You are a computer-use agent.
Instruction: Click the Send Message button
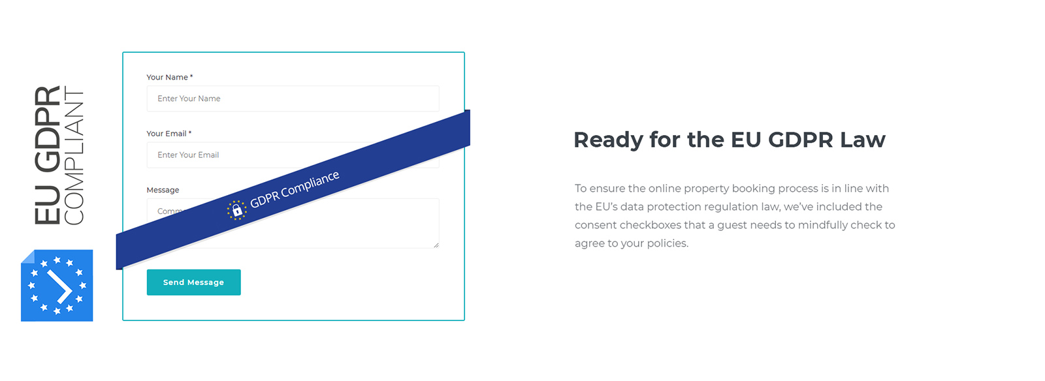coord(193,282)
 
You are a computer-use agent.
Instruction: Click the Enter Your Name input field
coord(293,99)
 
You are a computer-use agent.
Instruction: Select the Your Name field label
coord(169,78)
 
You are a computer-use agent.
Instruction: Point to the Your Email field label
coord(169,134)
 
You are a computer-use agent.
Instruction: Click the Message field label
coord(163,190)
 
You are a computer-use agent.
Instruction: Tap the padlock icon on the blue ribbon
coord(237,211)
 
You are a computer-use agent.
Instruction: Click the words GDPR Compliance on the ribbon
coord(295,189)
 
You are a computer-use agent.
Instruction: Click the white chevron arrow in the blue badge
coord(59,286)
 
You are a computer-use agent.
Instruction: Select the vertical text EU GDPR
coord(47,155)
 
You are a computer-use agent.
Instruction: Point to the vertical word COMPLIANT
coord(74,156)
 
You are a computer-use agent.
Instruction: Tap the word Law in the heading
coord(863,140)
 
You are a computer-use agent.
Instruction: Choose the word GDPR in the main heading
coord(801,140)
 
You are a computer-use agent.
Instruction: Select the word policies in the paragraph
coord(667,243)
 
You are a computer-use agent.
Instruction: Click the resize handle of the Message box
coord(436,245)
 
